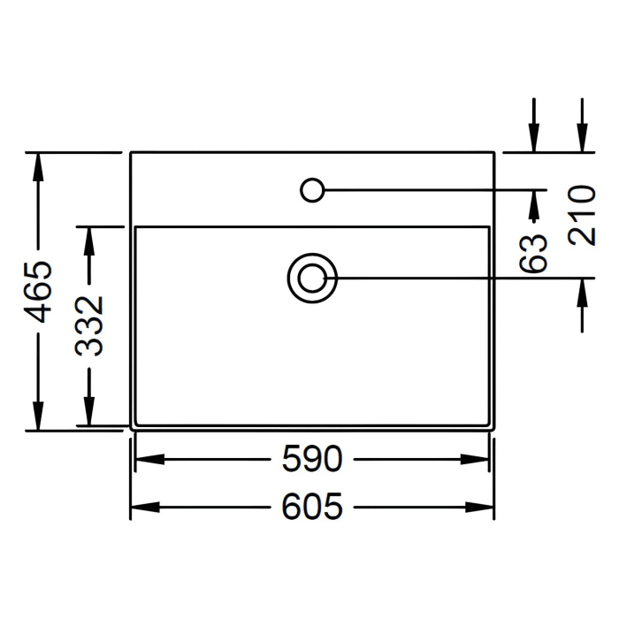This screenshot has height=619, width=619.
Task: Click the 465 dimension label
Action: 38,291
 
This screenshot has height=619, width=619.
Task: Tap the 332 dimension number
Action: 89,326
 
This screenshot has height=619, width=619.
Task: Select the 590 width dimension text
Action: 312,459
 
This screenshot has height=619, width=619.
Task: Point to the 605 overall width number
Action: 312,507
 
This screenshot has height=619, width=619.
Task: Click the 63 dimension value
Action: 533,253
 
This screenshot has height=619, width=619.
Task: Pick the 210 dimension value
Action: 582,216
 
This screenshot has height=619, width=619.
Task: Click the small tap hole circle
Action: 312,190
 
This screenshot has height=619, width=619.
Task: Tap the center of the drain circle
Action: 312,279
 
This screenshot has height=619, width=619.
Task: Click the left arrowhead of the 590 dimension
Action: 150,459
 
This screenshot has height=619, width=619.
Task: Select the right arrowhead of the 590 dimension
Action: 475,459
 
